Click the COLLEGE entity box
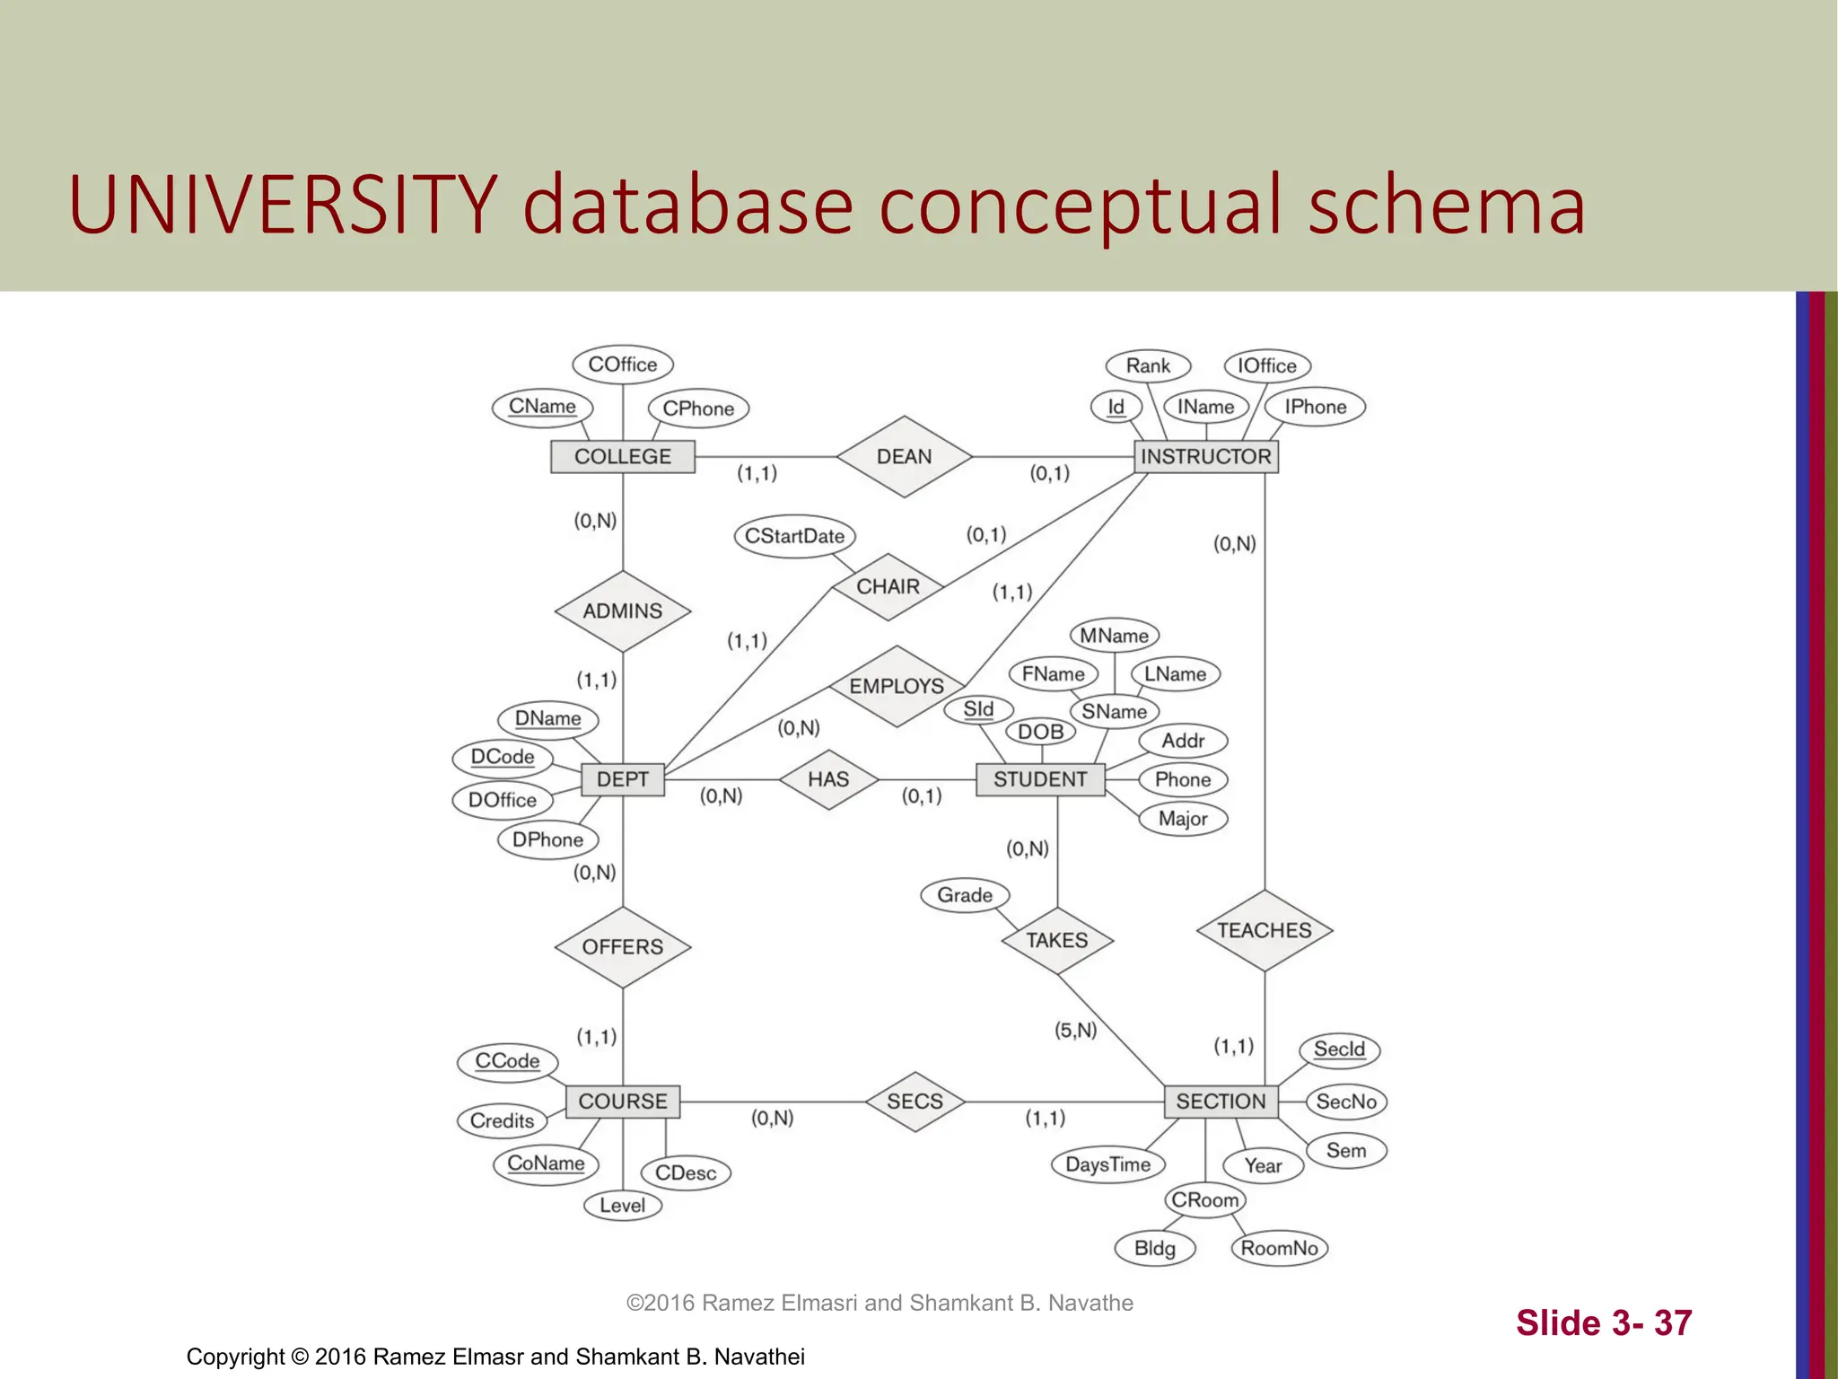(622, 457)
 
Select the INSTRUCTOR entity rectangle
(1205, 457)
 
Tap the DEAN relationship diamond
(904, 457)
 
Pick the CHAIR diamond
(888, 587)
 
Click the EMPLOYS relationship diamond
(896, 687)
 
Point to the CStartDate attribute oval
(794, 537)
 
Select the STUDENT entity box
(1039, 779)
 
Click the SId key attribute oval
(978, 710)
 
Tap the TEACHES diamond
(1264, 931)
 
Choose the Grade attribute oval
(965, 895)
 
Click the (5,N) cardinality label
(1075, 1030)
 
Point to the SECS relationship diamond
(915, 1102)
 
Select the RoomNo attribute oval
(1279, 1248)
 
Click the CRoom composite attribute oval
(1204, 1200)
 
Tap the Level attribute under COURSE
(622, 1206)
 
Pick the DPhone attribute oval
(547, 840)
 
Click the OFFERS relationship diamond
(622, 947)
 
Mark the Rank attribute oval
(1148, 366)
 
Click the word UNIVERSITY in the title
(283, 205)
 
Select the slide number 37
(1673, 1323)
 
